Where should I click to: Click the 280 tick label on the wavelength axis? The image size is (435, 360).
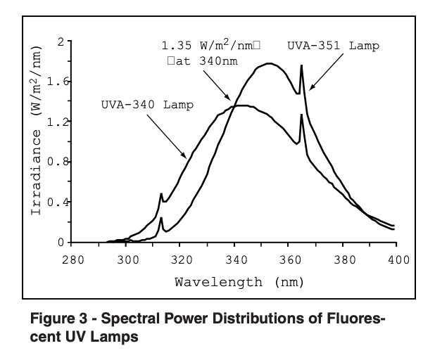click(73, 259)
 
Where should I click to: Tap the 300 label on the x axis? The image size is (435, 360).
click(127, 259)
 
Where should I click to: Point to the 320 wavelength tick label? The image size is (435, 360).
click(181, 259)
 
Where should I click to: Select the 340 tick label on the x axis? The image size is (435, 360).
click(235, 259)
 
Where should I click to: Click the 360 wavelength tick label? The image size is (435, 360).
click(289, 259)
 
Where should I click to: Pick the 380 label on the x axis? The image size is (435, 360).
click(343, 259)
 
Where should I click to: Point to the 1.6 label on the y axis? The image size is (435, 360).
click(56, 82)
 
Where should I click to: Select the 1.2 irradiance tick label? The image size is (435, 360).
click(56, 122)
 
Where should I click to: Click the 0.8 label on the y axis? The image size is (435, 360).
click(56, 162)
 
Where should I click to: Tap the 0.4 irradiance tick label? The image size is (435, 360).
click(56, 202)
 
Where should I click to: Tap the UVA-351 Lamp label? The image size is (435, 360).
click(334, 46)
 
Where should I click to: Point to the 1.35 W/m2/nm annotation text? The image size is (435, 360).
click(211, 46)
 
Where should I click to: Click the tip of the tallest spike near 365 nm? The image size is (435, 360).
click(301, 65)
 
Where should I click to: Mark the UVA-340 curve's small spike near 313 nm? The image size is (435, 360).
click(161, 193)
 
